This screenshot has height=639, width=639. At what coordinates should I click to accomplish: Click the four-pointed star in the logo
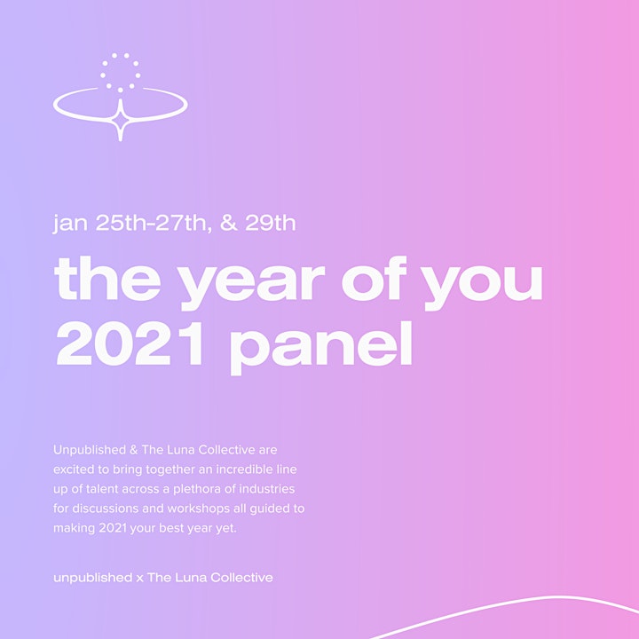pyautogui.click(x=120, y=120)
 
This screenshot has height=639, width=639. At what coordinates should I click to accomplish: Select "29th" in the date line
pyautogui.click(x=270, y=223)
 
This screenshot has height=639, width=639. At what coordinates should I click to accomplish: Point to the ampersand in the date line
pyautogui.click(x=229, y=223)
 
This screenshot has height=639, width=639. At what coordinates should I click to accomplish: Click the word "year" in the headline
pyautogui.click(x=253, y=282)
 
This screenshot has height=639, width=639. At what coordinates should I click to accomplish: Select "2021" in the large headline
pyautogui.click(x=130, y=343)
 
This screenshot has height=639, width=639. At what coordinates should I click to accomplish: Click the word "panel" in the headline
pyautogui.click(x=321, y=347)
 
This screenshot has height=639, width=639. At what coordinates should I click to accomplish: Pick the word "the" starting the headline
pyautogui.click(x=107, y=279)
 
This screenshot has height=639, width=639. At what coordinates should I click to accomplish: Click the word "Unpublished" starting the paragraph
pyautogui.click(x=90, y=450)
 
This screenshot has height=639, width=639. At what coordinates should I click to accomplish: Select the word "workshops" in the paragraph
pyautogui.click(x=199, y=509)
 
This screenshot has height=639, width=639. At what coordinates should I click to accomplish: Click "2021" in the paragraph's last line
pyautogui.click(x=113, y=528)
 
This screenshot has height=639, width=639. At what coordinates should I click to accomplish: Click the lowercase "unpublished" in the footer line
pyautogui.click(x=93, y=578)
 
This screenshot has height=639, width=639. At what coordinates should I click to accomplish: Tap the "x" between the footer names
pyautogui.click(x=140, y=579)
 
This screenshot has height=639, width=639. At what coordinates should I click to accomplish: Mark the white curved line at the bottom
pyautogui.click(x=504, y=606)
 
